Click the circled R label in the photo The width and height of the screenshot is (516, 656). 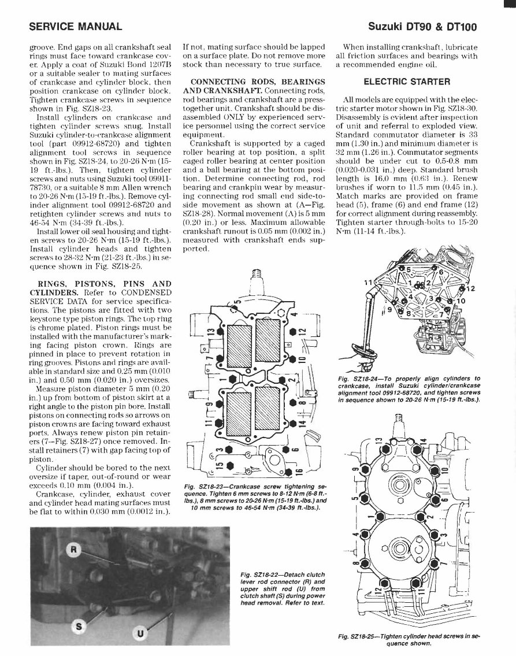coord(73,548)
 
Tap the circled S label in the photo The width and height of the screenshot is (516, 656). coord(80,625)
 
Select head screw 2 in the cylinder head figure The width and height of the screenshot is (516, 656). coord(428,516)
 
